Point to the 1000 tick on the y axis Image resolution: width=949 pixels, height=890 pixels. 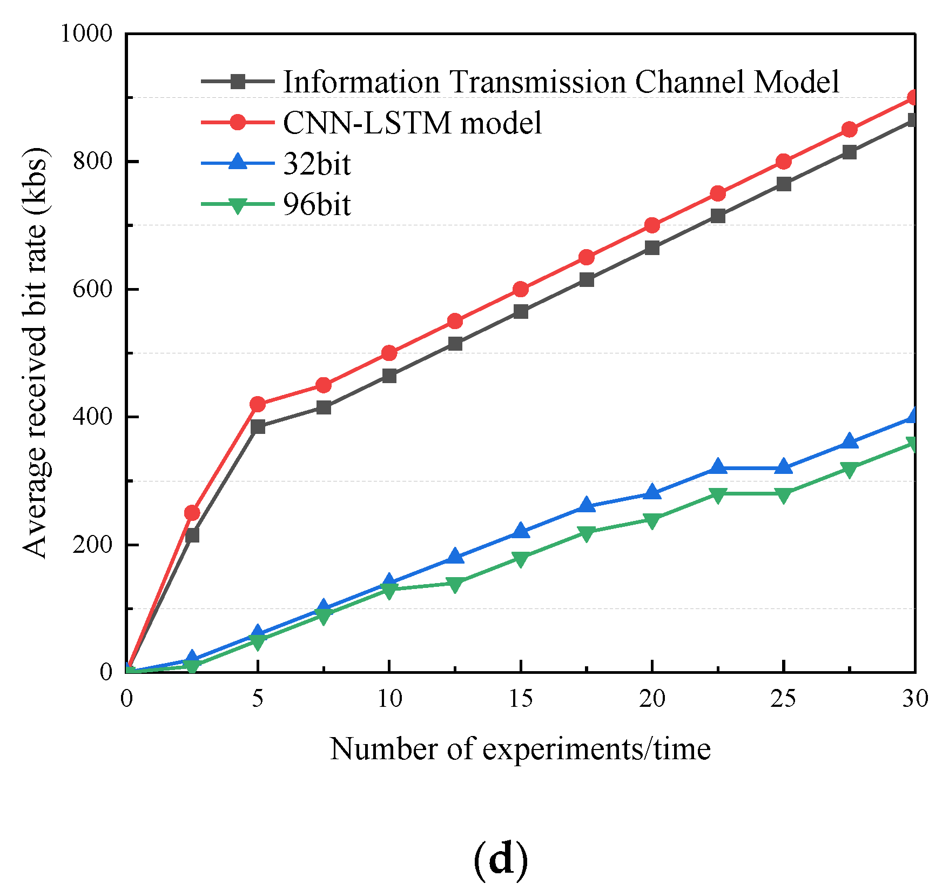pos(86,34)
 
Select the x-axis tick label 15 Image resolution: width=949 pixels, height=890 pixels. pos(521,699)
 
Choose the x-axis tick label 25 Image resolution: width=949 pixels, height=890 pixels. pos(783,699)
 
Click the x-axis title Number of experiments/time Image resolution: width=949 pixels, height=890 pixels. pos(520,749)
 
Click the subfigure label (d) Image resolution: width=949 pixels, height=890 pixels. pos(500,859)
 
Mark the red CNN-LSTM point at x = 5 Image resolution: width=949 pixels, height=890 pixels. pos(258,404)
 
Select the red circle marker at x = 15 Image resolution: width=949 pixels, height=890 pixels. pos(521,289)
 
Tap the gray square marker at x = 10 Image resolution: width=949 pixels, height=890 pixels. pos(389,376)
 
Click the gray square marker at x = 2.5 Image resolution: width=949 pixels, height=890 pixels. pos(192,535)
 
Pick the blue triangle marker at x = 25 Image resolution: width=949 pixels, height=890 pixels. pos(783,467)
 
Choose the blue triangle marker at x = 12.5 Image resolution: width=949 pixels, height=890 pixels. pos(455,557)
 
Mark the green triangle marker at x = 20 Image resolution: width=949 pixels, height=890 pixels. pos(652,520)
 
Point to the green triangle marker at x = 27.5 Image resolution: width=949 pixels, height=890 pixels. pos(849,469)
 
